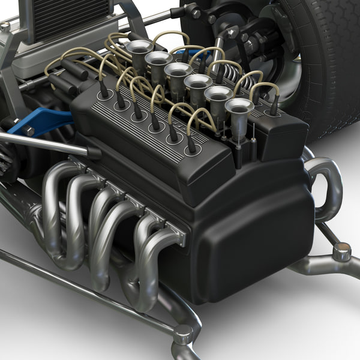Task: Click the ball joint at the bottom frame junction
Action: [183, 333]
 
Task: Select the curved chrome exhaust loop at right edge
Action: [327, 186]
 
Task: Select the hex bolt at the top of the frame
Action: [196, 11]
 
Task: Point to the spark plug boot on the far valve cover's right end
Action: [274, 108]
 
